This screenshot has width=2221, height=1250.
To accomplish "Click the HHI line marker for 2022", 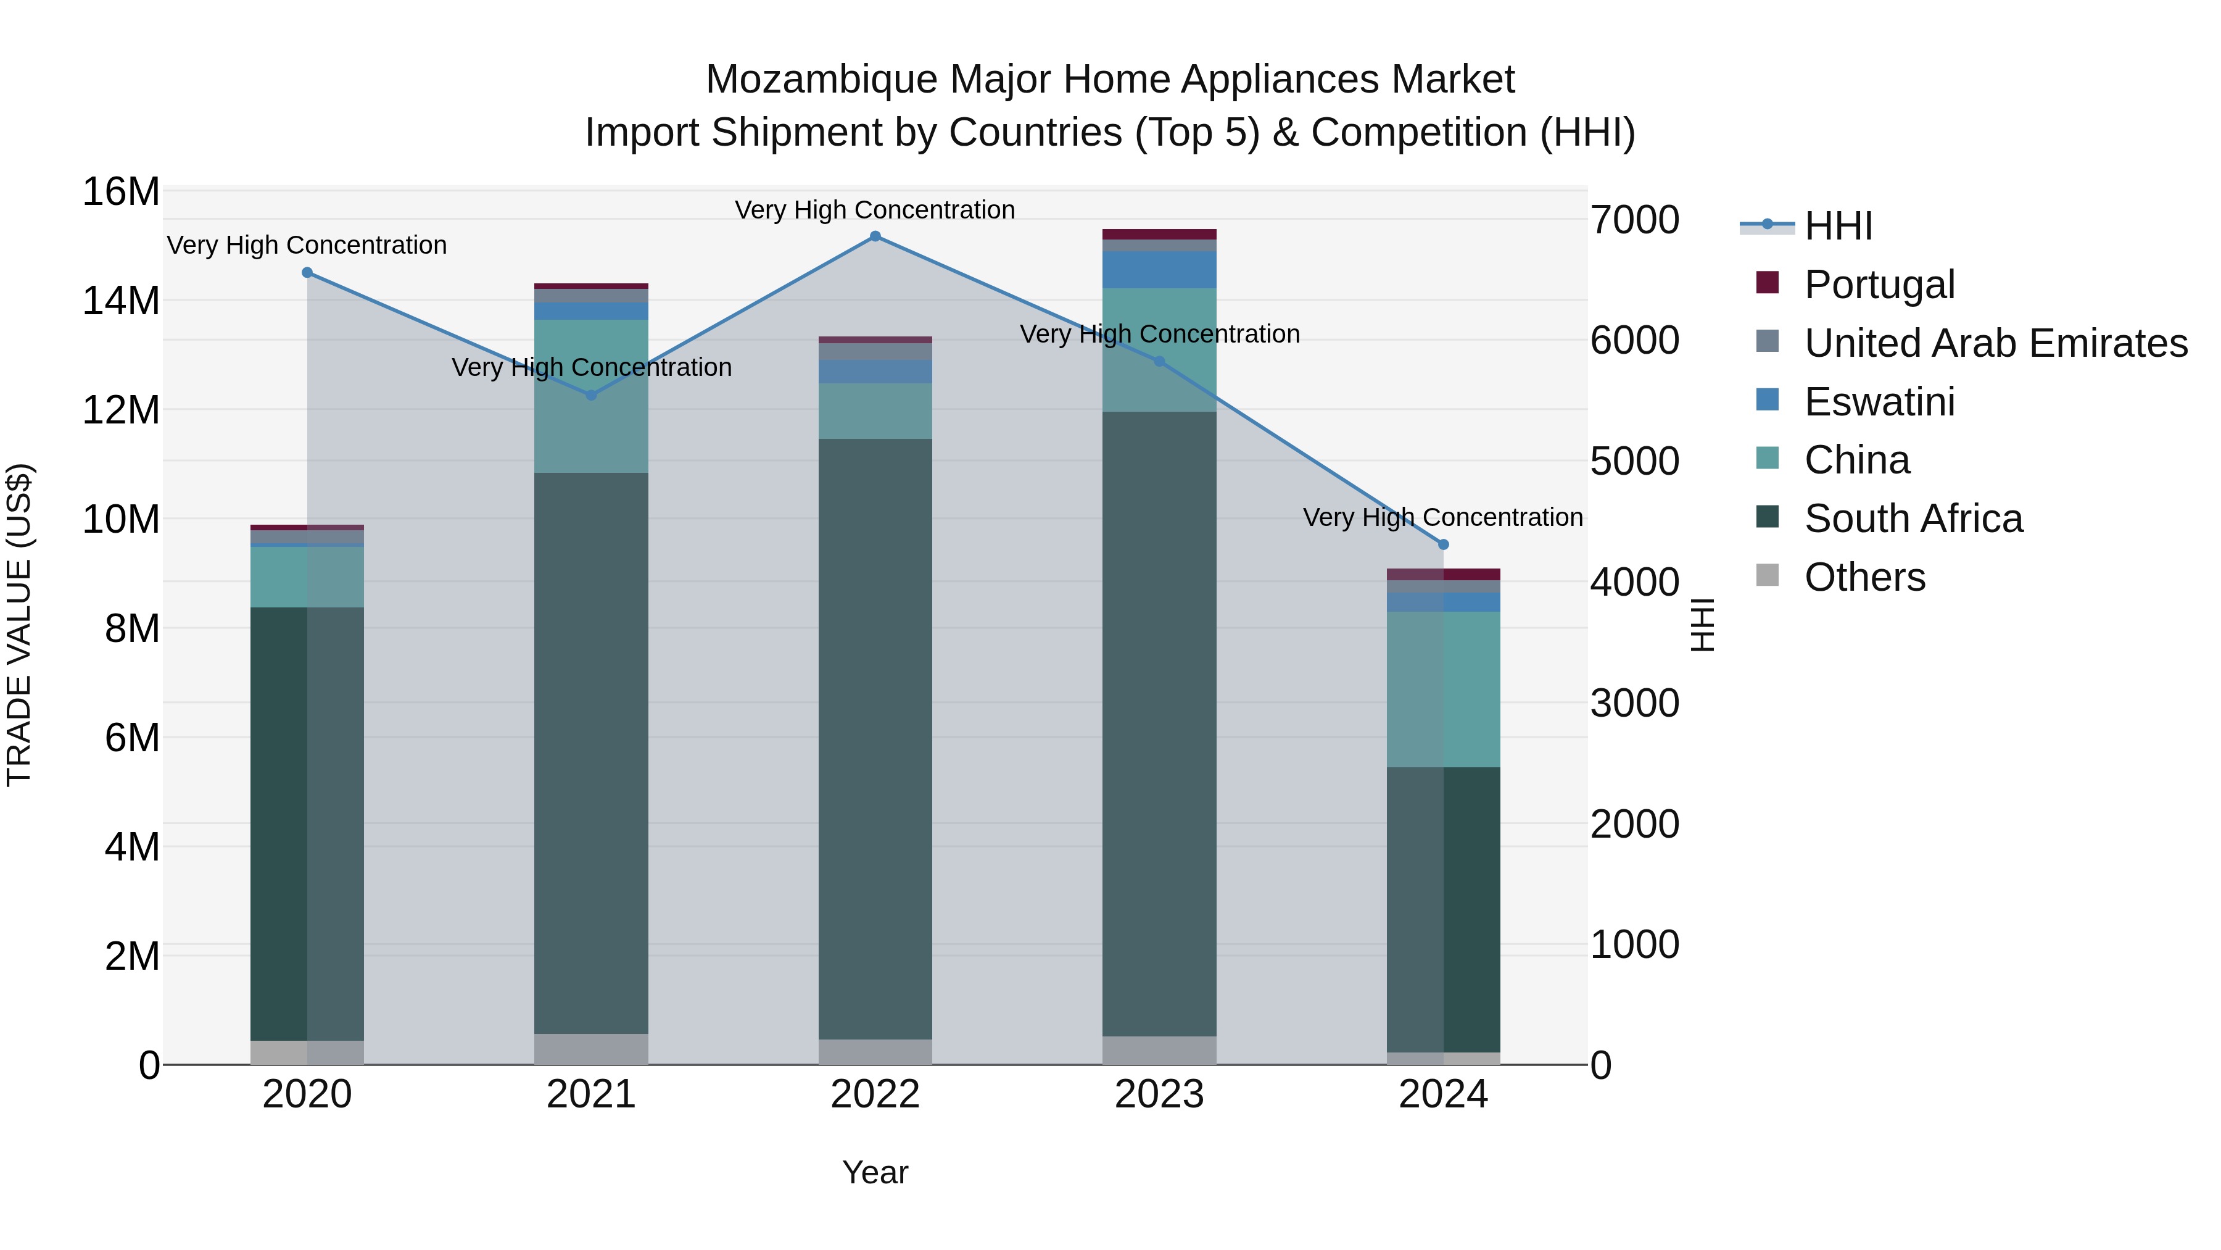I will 875,236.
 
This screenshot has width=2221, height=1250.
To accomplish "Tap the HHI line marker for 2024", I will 1443,544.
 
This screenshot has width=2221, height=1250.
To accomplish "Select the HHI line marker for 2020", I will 307,273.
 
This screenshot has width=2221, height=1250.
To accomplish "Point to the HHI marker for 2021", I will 592,395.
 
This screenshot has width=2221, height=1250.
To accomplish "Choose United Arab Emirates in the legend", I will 1995,343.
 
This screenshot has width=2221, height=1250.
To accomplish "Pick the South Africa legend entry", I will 1913,519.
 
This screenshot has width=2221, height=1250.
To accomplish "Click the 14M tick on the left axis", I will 121,301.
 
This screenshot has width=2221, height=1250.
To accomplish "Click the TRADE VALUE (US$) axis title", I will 19,625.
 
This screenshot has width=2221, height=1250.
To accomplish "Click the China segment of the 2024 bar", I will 1443,690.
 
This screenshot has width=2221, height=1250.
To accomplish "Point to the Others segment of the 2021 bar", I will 592,1049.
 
